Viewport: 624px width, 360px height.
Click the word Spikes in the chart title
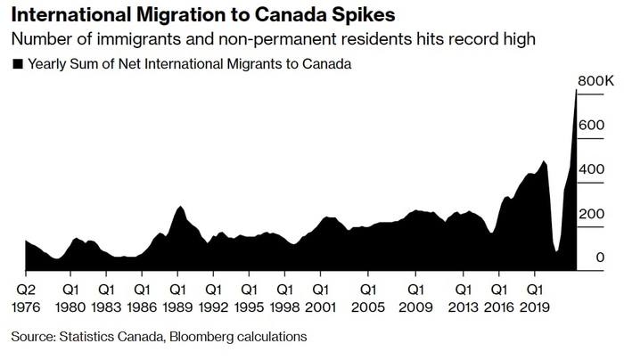point(357,17)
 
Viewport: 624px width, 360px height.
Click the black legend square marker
point(17,64)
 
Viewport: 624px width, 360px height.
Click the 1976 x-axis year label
point(27,307)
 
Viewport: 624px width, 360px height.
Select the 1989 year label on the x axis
point(177,307)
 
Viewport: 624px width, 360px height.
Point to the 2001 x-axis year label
point(319,307)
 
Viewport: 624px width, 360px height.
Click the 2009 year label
point(415,307)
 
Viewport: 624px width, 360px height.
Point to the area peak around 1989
point(181,207)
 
